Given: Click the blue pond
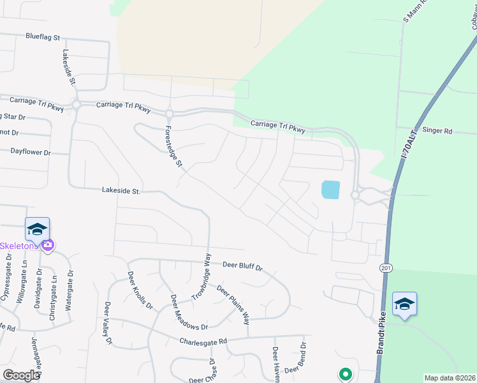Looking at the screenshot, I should pyautogui.click(x=331, y=190).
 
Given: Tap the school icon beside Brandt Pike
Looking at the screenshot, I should pyautogui.click(x=404, y=304).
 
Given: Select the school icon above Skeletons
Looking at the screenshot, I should pyautogui.click(x=38, y=229).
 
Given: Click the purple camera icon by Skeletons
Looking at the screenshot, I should pyautogui.click(x=47, y=244).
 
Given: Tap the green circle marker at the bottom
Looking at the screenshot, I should pyautogui.click(x=345, y=373).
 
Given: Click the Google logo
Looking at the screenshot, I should pyautogui.click(x=21, y=375).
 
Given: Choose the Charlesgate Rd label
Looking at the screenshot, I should pyautogui.click(x=203, y=342).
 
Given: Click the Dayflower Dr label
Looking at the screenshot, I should pyautogui.click(x=30, y=152).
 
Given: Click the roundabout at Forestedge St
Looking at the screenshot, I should pyautogui.click(x=170, y=114).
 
